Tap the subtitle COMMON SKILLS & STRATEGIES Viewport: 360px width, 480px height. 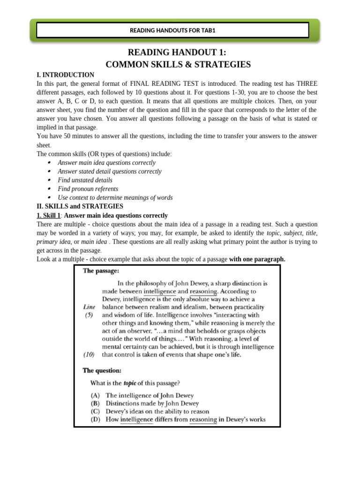click(178, 65)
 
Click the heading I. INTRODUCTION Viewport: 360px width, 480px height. click(65, 75)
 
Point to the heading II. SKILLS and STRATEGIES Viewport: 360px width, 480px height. click(80, 206)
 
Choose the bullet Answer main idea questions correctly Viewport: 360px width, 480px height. click(106, 163)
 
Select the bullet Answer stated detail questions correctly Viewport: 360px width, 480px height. click(109, 172)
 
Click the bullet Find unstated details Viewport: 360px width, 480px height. click(85, 180)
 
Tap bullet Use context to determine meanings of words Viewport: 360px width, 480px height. click(115, 198)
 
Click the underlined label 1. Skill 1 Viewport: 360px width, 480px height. click(49, 216)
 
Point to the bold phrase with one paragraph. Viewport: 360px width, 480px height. click(257, 259)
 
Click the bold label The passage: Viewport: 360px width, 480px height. click(101, 271)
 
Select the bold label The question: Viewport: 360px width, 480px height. click(102, 370)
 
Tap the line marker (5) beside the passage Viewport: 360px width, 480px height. click(89, 315)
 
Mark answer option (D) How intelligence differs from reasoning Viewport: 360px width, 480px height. click(178, 420)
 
